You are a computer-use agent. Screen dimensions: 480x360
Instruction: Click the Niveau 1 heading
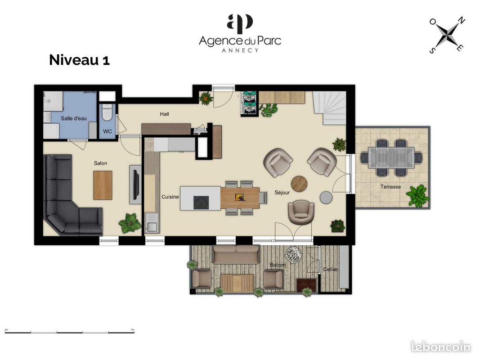tap(79, 60)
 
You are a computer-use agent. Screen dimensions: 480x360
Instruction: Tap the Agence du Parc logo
tap(240, 33)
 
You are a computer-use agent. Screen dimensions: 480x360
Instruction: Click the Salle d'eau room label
tap(74, 118)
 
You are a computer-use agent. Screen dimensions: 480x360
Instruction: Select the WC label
tap(108, 131)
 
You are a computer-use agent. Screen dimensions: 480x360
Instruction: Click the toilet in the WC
tap(108, 112)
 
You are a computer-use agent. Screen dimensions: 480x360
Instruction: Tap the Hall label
tap(164, 114)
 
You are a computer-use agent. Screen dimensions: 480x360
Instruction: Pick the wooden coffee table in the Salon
tap(103, 185)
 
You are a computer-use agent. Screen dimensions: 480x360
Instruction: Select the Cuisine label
tap(170, 197)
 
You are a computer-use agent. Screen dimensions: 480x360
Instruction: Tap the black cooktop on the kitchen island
tap(201, 202)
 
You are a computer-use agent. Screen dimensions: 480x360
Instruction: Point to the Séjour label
tap(282, 193)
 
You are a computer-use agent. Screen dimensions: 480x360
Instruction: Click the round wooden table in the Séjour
tap(299, 184)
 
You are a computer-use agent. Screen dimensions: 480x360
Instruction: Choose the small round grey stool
tap(326, 198)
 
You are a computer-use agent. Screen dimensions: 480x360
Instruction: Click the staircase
tap(330, 108)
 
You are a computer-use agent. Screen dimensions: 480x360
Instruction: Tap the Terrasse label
tap(390, 186)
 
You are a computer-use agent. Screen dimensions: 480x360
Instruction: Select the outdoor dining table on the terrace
tap(391, 157)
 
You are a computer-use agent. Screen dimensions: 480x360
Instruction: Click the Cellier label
tap(331, 270)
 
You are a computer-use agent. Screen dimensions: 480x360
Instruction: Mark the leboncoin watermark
tap(441, 347)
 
